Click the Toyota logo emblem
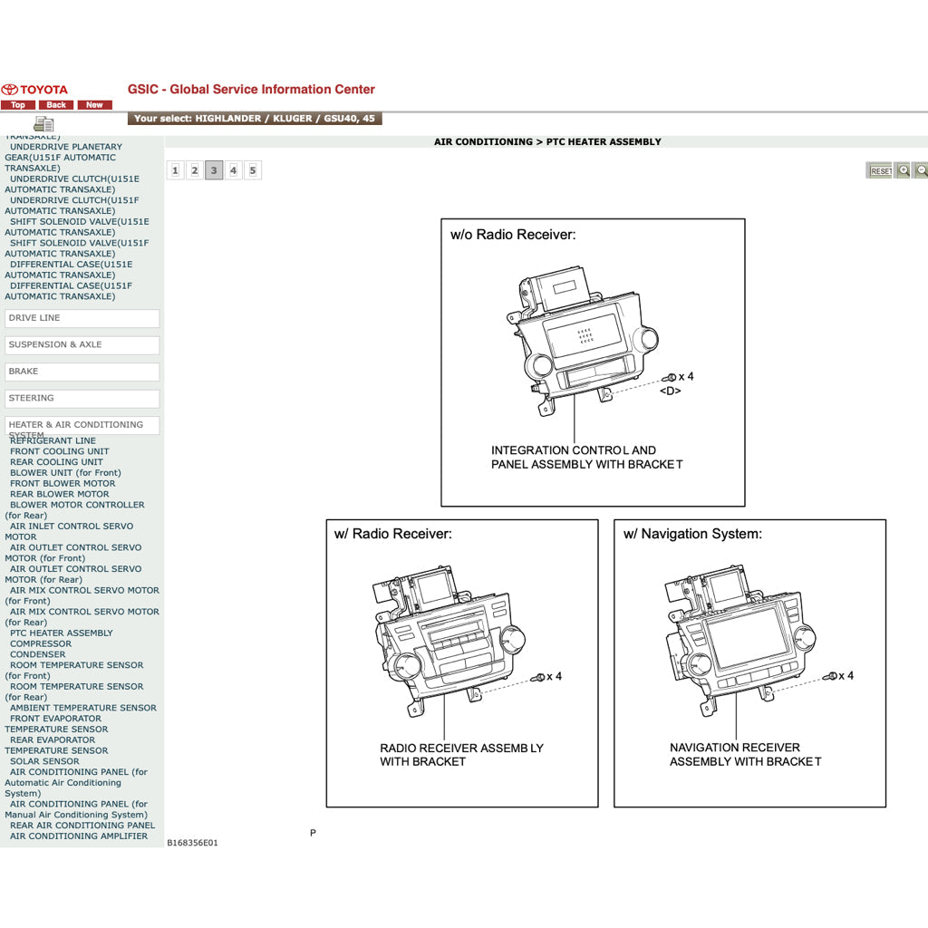click(10, 90)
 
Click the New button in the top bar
click(94, 105)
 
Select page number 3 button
click(214, 170)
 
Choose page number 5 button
click(253, 170)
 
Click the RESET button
click(880, 170)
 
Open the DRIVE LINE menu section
click(82, 318)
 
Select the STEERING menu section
click(82, 398)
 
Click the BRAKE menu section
click(82, 372)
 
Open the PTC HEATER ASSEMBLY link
click(62, 633)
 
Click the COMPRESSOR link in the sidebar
click(41, 644)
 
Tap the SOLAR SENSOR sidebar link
click(44, 761)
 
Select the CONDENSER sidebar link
click(38, 654)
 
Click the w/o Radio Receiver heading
click(513, 235)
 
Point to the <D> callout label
click(670, 391)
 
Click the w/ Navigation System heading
click(692, 534)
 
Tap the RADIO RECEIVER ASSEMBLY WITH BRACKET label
click(461, 755)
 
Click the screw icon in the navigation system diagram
click(830, 676)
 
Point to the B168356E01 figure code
click(192, 843)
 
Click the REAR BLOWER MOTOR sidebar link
click(59, 495)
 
